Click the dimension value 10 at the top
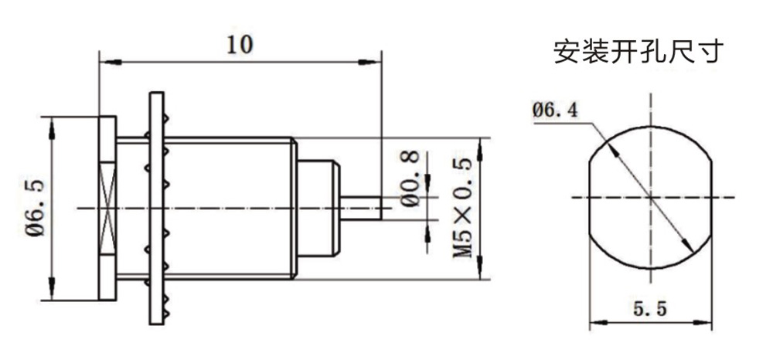(240, 45)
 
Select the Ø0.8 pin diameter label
(410, 178)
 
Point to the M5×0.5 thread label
(462, 209)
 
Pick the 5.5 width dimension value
(650, 309)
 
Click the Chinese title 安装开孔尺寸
(638, 52)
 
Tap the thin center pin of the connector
(361, 208)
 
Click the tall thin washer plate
(156, 208)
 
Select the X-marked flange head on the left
(107, 208)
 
